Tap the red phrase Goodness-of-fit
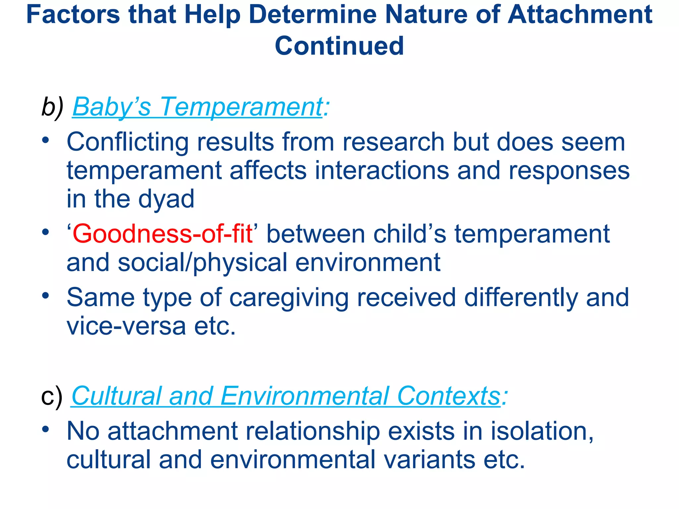162,234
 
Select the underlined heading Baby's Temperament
197,107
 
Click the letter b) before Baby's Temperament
52,107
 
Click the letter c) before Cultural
51,396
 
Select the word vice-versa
126,326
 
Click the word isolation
542,431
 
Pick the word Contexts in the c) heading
449,396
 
